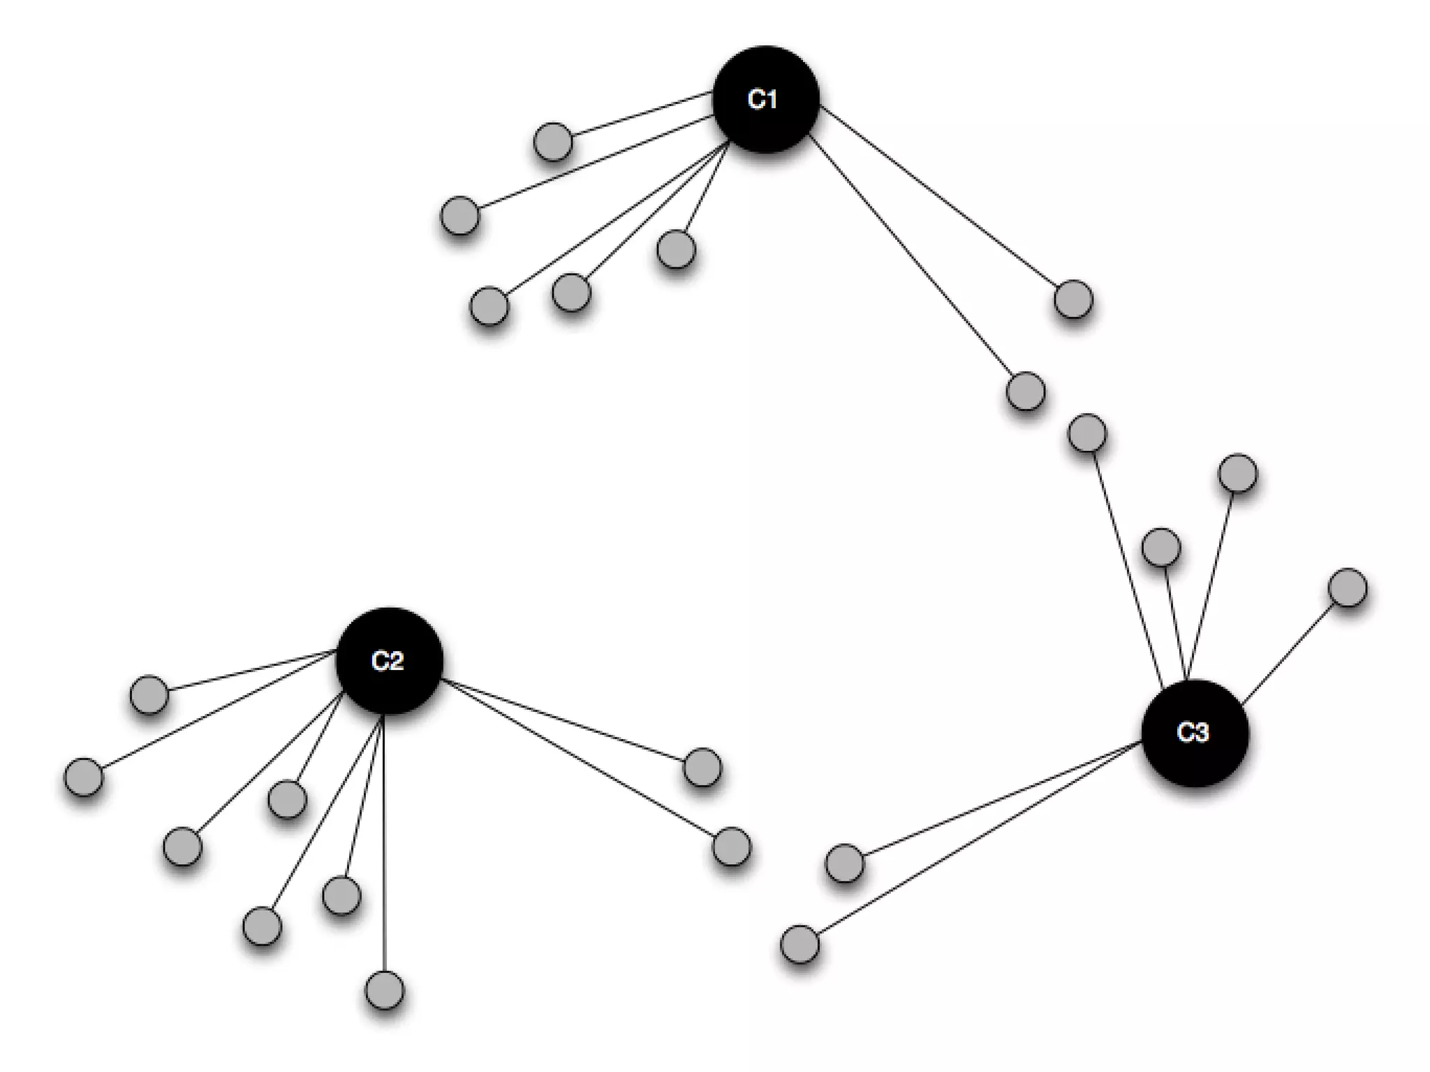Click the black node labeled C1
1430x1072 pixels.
click(765, 99)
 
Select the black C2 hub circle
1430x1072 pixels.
click(389, 660)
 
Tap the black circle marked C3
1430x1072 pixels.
click(1194, 732)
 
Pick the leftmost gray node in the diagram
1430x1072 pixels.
click(83, 776)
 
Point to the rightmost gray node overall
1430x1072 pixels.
click(1348, 588)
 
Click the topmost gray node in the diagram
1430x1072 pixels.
click(552, 142)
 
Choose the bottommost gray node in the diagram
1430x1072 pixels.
click(385, 990)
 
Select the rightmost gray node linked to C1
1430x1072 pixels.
click(1072, 299)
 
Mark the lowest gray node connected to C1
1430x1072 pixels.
click(1026, 391)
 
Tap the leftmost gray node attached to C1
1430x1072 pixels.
click(460, 215)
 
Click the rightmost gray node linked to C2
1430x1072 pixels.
click(731, 847)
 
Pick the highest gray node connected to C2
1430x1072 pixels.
click(149, 694)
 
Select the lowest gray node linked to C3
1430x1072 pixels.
click(799, 944)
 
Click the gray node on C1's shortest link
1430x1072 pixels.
click(676, 249)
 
